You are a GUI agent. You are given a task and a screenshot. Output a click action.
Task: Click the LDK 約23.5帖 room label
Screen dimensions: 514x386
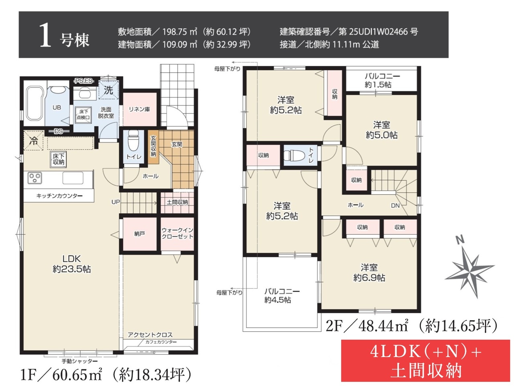(x=71, y=264)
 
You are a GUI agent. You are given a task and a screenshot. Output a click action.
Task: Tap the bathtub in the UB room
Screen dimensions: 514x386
(x=35, y=104)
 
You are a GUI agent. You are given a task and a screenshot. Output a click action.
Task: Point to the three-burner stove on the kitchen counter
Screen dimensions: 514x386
(x=35, y=178)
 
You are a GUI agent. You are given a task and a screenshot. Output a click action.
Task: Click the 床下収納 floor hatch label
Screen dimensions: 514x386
(x=58, y=159)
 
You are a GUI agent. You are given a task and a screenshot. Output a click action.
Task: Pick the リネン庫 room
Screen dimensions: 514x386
(x=140, y=109)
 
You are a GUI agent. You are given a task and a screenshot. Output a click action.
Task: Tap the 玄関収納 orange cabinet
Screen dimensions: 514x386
(x=153, y=147)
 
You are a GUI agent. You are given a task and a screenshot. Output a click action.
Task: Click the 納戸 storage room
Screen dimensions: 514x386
(x=140, y=234)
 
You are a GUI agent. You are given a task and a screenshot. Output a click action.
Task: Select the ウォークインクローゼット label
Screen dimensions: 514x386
(x=177, y=233)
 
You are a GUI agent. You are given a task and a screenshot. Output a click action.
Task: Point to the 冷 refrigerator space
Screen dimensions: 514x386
(x=33, y=140)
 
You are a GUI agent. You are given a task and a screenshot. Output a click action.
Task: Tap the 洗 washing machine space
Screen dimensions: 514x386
(x=108, y=90)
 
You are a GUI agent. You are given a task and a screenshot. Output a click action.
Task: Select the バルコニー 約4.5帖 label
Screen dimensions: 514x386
(x=282, y=296)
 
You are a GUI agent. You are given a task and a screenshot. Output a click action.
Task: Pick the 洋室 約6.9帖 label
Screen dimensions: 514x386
(x=369, y=273)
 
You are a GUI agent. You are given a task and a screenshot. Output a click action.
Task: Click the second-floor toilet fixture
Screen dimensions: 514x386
(x=294, y=155)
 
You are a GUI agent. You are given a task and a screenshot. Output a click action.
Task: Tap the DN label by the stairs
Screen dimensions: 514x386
(x=395, y=205)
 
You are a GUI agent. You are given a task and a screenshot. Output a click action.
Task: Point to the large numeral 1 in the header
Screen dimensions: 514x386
(x=45, y=35)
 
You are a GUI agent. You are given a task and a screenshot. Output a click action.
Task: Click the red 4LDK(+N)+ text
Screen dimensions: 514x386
(x=426, y=352)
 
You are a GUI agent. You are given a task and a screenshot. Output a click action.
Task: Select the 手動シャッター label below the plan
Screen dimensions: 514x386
(x=80, y=361)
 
